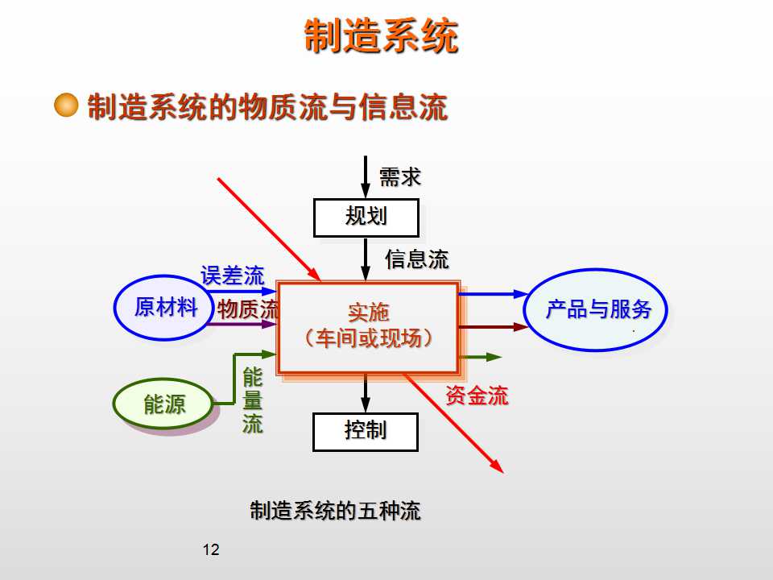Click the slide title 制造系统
(x=381, y=37)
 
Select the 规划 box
(x=366, y=217)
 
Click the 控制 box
(x=366, y=431)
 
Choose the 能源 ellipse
(x=164, y=404)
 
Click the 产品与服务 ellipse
(x=598, y=310)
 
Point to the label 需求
(x=400, y=177)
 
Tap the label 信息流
(x=416, y=259)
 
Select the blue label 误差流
(x=232, y=276)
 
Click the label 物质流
(x=248, y=309)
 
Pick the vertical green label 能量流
(x=253, y=401)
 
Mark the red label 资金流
(x=477, y=396)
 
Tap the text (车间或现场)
(x=369, y=338)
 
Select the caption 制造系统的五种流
(x=335, y=511)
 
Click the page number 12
(x=211, y=550)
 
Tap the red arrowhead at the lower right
(x=498, y=467)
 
